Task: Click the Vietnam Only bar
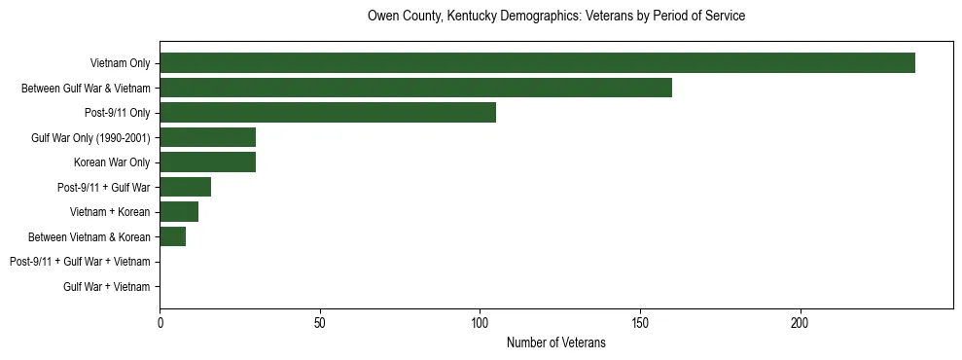[537, 63]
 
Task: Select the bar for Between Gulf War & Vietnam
[415, 88]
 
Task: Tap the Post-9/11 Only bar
[328, 113]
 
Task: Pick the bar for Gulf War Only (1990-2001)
[207, 137]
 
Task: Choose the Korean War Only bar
[207, 162]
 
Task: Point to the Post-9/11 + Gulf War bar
[185, 187]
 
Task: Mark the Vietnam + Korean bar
[179, 212]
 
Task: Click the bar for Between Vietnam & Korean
[172, 236]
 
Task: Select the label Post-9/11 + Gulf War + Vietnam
[80, 262]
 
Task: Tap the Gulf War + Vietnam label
[107, 286]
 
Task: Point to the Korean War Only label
[112, 162]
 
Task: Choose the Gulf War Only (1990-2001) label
[90, 137]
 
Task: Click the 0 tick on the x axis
[160, 322]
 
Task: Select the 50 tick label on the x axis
[320, 322]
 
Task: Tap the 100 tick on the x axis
[480, 322]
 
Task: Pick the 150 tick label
[640, 322]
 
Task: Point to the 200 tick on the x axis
[800, 322]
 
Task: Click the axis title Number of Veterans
[555, 342]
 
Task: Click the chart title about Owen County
[555, 17]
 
